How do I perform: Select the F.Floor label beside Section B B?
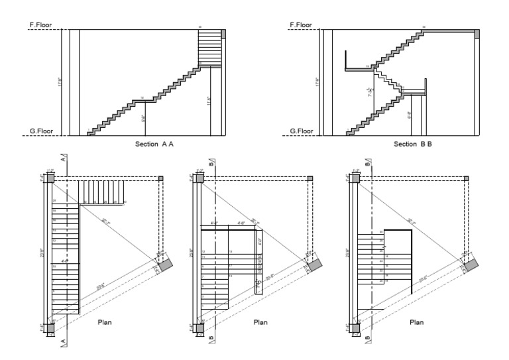[302, 25]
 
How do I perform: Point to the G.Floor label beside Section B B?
[302, 131]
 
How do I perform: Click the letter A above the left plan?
[63, 160]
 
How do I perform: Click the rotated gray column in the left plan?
[164, 263]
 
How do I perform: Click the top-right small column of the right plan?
[467, 178]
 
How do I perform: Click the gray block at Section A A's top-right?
[223, 34]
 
